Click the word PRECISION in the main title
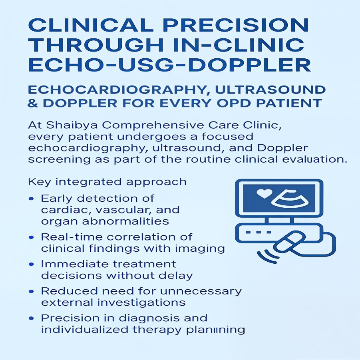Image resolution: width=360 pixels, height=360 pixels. pyautogui.click(x=237, y=25)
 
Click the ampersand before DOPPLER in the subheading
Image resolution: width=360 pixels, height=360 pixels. pyautogui.click(x=32, y=103)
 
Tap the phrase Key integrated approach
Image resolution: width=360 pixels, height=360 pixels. pyautogui.click(x=107, y=182)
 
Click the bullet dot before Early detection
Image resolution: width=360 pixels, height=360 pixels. pyautogui.click(x=32, y=199)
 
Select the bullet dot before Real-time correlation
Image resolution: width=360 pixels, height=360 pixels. pyautogui.click(x=32, y=237)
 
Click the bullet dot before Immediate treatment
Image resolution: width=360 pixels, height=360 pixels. pyautogui.click(x=32, y=264)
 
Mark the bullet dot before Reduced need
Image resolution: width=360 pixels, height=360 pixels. pyautogui.click(x=32, y=291)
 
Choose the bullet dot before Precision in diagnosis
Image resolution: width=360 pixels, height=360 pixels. pyautogui.click(x=32, y=318)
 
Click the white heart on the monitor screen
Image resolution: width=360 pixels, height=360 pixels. pyautogui.click(x=264, y=193)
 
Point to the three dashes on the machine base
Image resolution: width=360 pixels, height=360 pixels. pyautogui.click(x=259, y=232)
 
